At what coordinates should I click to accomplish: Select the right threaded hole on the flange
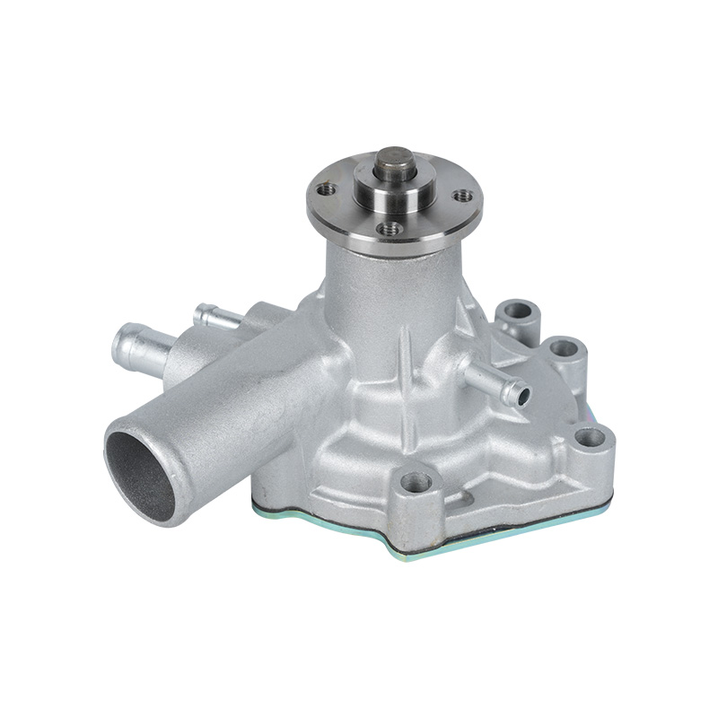[462, 195]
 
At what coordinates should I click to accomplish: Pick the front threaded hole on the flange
[388, 229]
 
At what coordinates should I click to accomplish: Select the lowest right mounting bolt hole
[589, 438]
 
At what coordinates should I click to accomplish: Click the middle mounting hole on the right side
[564, 347]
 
